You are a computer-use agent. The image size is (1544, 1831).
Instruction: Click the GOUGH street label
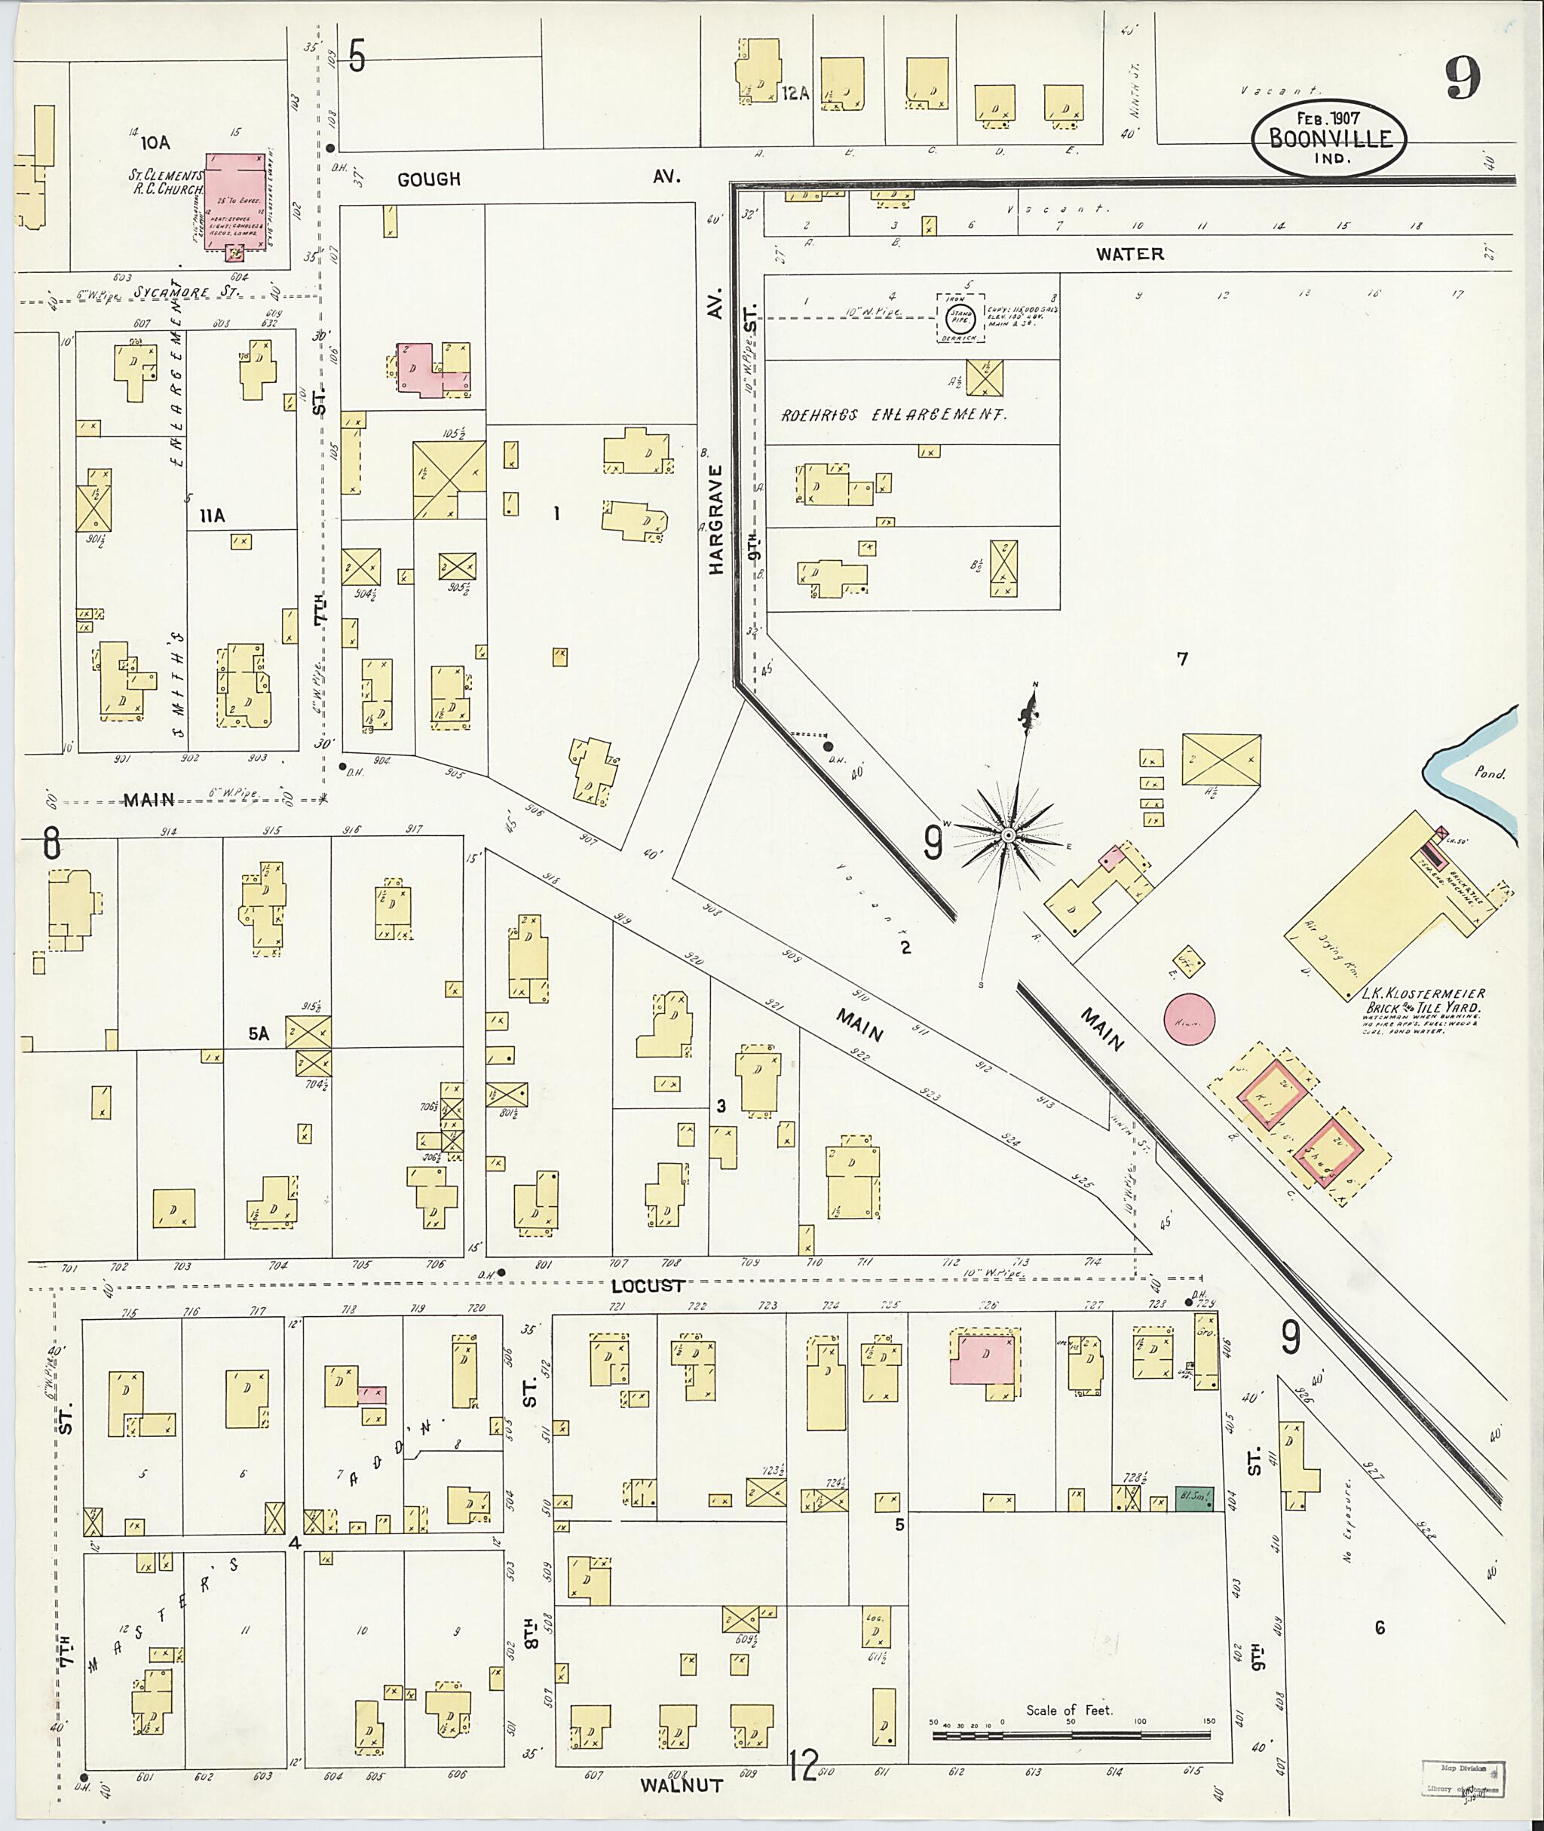coord(429,179)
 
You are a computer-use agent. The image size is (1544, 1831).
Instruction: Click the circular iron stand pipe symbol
coord(961,317)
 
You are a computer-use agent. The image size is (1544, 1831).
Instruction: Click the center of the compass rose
coord(1008,836)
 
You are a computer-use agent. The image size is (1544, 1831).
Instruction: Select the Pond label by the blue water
coord(1489,773)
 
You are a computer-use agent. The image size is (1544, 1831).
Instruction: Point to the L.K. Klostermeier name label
coord(1423,994)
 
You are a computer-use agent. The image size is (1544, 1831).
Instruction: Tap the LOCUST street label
coord(648,1286)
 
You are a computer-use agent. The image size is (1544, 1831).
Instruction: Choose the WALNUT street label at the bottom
coord(681,1786)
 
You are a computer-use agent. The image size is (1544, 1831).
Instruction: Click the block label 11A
coord(212,516)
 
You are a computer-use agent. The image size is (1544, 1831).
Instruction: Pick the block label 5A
coord(259,1034)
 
